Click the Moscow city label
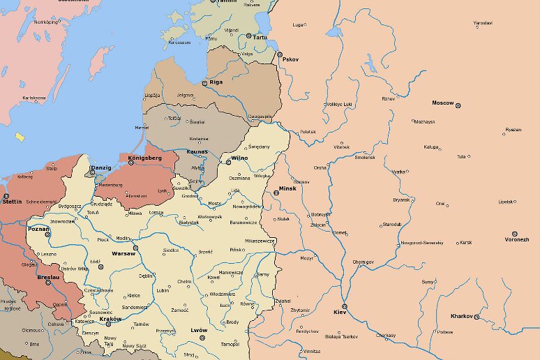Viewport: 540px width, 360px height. [442, 103]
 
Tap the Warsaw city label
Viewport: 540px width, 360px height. [123, 253]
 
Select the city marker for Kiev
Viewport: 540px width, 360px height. [344, 306]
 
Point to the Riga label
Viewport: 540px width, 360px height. [216, 82]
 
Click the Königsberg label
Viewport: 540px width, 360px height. [145, 158]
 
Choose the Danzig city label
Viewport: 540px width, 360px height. [101, 167]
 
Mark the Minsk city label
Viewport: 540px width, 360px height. [287, 188]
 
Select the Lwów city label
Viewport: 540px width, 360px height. [200, 330]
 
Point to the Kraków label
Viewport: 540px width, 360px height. [110, 319]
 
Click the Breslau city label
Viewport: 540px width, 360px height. [48, 276]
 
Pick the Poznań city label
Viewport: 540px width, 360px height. [38, 229]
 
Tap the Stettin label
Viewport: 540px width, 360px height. [12, 201]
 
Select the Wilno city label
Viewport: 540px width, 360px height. [240, 158]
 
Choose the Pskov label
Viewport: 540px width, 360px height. [290, 59]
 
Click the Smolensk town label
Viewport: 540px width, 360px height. [365, 157]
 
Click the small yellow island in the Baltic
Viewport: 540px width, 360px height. [20, 137]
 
